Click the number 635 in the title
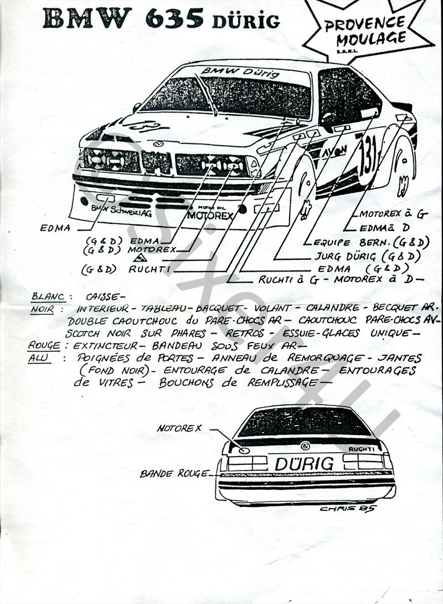click(x=174, y=18)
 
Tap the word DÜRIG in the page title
click(x=245, y=21)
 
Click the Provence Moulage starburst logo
click(x=365, y=30)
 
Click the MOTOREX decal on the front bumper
click(x=210, y=215)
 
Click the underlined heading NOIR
click(x=42, y=309)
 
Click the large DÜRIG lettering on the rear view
click(x=304, y=463)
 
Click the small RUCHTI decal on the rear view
click(x=362, y=449)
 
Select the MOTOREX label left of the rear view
click(x=179, y=428)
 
